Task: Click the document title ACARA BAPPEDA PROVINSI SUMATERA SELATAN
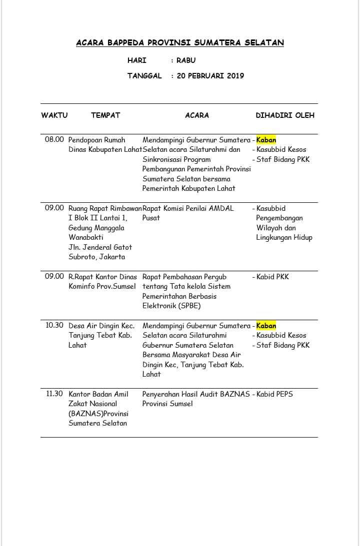(x=180, y=43)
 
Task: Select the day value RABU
(x=186, y=60)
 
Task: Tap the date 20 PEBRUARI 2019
(x=210, y=76)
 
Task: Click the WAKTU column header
(x=54, y=115)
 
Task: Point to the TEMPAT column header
(x=105, y=115)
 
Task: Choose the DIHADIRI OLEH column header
(x=285, y=115)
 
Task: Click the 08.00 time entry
(x=54, y=140)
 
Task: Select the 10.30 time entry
(x=54, y=326)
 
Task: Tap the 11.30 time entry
(x=54, y=394)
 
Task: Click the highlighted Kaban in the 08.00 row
(x=266, y=140)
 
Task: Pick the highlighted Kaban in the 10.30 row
(x=266, y=326)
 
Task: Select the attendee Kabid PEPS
(x=274, y=394)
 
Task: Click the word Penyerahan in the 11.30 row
(x=161, y=394)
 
